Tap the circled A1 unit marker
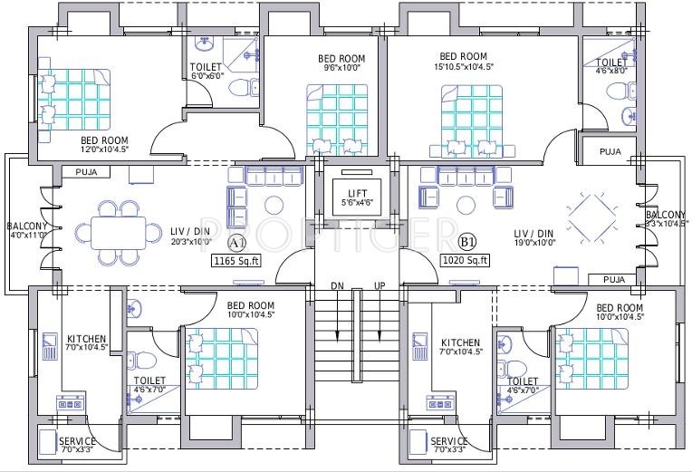pyautogui.click(x=237, y=243)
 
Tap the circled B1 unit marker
pyautogui.click(x=467, y=242)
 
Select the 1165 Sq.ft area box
pyautogui.click(x=235, y=261)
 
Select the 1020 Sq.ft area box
pyautogui.click(x=466, y=260)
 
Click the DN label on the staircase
pyautogui.click(x=338, y=285)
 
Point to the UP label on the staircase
pyautogui.click(x=380, y=285)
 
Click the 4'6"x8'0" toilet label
pyautogui.click(x=611, y=71)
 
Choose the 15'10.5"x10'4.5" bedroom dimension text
pyautogui.click(x=463, y=66)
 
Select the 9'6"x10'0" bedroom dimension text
pyautogui.click(x=341, y=67)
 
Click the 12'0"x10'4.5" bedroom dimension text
pyautogui.click(x=105, y=149)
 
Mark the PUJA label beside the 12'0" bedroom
pyautogui.click(x=87, y=170)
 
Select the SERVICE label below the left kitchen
pyautogui.click(x=77, y=440)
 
